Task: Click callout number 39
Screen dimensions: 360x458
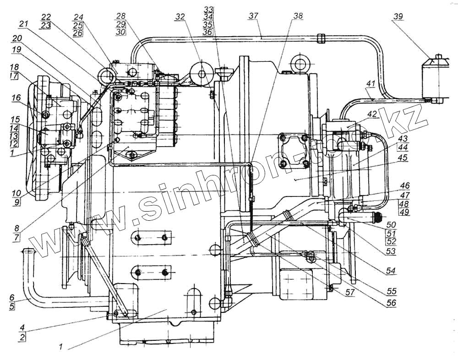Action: tap(398, 17)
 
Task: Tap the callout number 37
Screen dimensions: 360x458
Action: tap(254, 16)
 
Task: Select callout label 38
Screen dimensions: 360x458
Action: tap(298, 16)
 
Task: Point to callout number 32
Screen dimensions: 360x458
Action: tap(180, 17)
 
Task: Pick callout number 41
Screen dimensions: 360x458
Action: tap(370, 84)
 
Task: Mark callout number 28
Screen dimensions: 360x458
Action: tap(121, 16)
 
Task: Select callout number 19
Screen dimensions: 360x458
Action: tap(16, 49)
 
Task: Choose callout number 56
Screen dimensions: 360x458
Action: tap(390, 303)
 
